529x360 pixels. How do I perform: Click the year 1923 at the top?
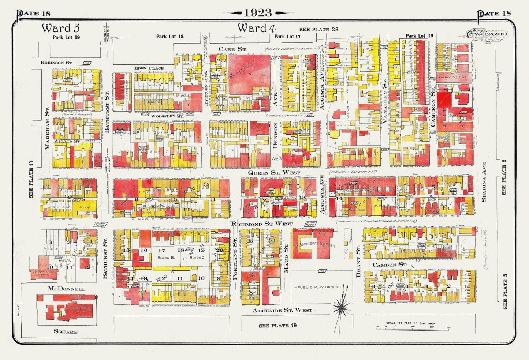tap(258, 12)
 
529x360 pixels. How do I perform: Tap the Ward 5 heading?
tap(61, 28)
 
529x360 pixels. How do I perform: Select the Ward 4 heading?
tap(256, 28)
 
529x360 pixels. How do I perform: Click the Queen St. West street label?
tap(274, 172)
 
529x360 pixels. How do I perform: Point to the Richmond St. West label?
tap(262, 224)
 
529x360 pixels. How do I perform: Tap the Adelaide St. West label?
tap(282, 310)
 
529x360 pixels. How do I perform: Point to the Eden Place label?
tap(149, 68)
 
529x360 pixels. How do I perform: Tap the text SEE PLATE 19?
tap(277, 326)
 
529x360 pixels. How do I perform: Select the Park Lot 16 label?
tap(419, 36)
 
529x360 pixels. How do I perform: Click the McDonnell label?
tap(67, 289)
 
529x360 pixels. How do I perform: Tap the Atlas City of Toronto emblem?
tap(486, 35)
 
